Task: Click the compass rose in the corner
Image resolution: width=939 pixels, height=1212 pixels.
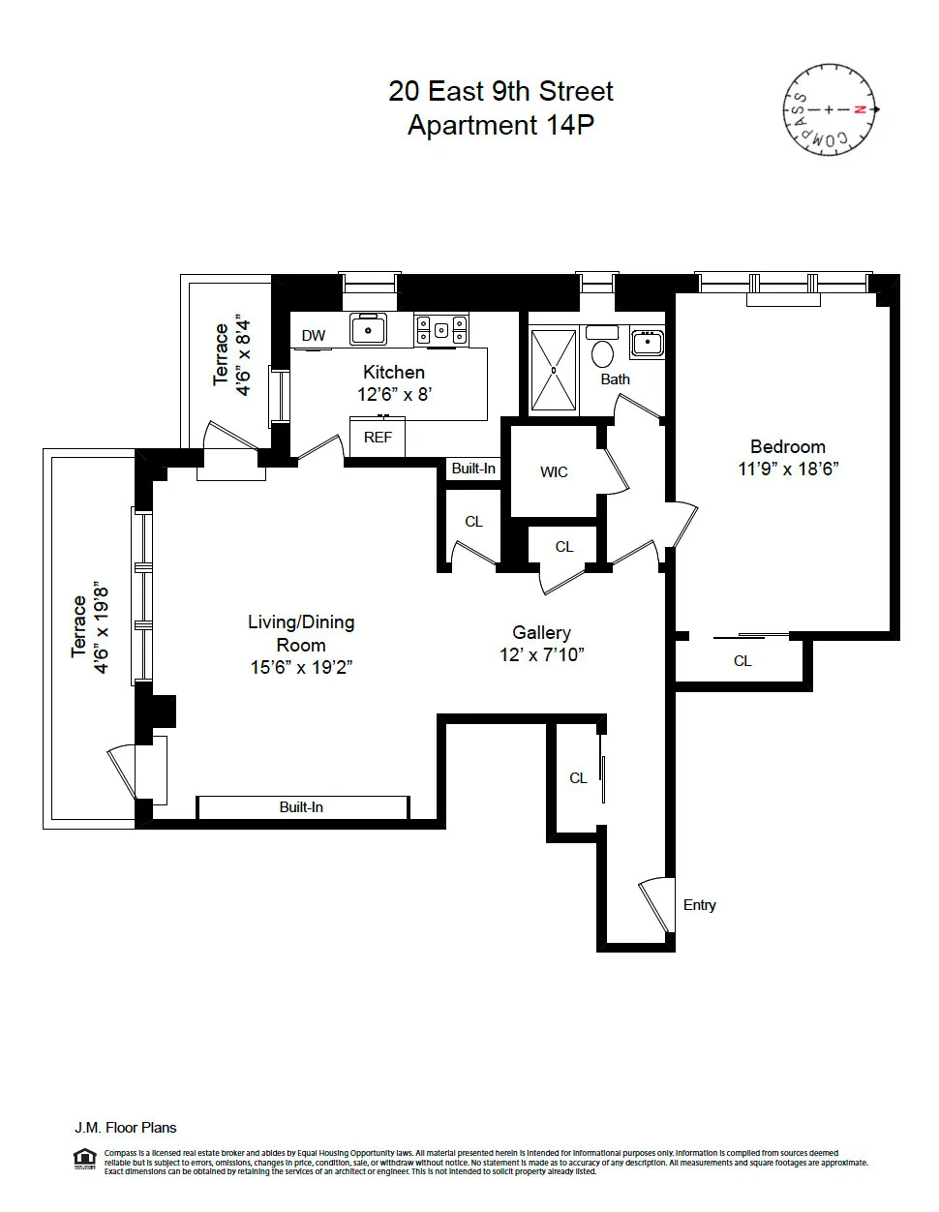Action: click(x=829, y=109)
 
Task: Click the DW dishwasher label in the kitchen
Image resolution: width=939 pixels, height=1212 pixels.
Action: click(x=313, y=336)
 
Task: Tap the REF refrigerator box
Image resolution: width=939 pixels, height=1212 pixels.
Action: click(x=378, y=438)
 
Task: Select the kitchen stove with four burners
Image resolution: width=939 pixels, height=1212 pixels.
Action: click(x=441, y=329)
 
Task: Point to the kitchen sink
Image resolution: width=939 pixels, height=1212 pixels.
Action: click(x=368, y=329)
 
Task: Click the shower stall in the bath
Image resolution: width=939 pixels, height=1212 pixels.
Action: click(x=554, y=371)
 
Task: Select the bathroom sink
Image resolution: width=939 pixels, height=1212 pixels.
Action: click(x=646, y=342)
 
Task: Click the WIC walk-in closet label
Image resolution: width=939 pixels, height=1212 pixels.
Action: click(x=554, y=472)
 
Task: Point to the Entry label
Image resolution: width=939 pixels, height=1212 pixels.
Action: click(x=699, y=905)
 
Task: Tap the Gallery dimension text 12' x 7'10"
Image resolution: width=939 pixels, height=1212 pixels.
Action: click(x=541, y=655)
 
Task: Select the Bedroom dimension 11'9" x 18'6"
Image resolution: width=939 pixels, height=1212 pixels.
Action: click(x=787, y=469)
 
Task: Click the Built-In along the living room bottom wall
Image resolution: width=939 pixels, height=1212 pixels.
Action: click(x=301, y=807)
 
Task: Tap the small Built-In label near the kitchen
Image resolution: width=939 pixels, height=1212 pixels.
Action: click(x=473, y=469)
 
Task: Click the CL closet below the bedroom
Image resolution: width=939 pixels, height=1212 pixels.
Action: click(x=742, y=661)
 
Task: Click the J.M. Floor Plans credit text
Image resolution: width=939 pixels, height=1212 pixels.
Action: click(x=126, y=1128)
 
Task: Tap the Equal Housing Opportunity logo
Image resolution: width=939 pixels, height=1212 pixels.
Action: click(x=85, y=1158)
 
